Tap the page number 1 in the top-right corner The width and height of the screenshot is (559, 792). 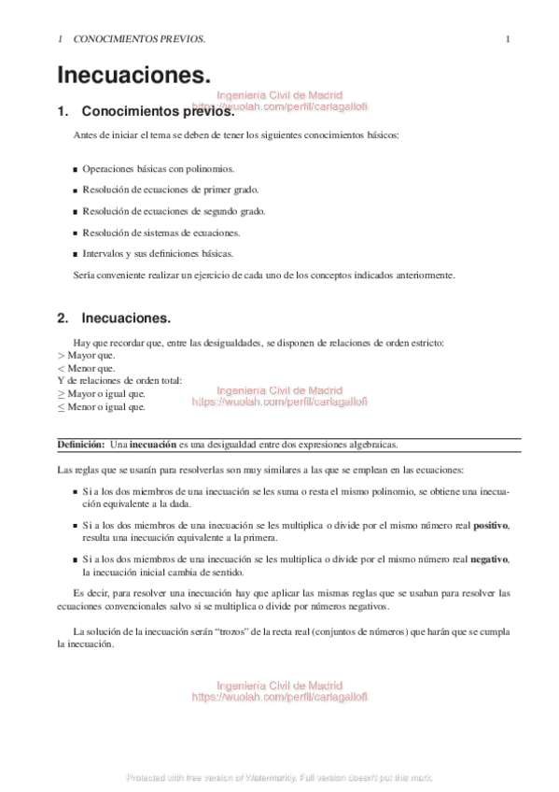pyautogui.click(x=507, y=39)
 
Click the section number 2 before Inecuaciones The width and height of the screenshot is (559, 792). pyautogui.click(x=63, y=318)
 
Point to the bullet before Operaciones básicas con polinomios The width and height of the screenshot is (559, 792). pyautogui.click(x=76, y=170)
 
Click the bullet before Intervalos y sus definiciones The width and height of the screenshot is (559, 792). pyautogui.click(x=76, y=254)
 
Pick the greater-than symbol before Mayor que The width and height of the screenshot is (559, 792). pyautogui.click(x=62, y=356)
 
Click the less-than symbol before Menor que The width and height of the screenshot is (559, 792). pyautogui.click(x=62, y=368)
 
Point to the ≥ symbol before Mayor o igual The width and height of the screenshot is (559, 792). pyautogui.click(x=62, y=394)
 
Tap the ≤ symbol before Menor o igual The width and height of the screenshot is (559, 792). pyautogui.click(x=62, y=407)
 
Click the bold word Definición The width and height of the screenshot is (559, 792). pyautogui.click(x=78, y=445)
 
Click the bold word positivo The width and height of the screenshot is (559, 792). pyautogui.click(x=491, y=526)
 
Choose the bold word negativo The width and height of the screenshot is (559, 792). pyautogui.click(x=490, y=559)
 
